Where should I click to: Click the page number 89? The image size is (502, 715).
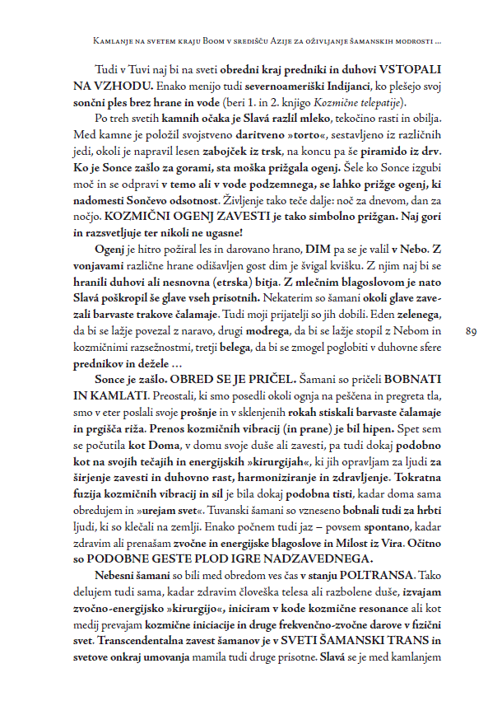point(472,332)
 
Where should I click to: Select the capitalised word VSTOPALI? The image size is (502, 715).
point(403,71)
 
